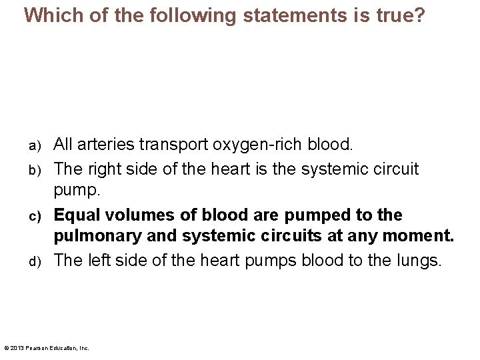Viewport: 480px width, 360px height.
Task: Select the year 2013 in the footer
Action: [16, 348]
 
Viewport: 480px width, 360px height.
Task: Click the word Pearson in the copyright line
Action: [36, 348]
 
